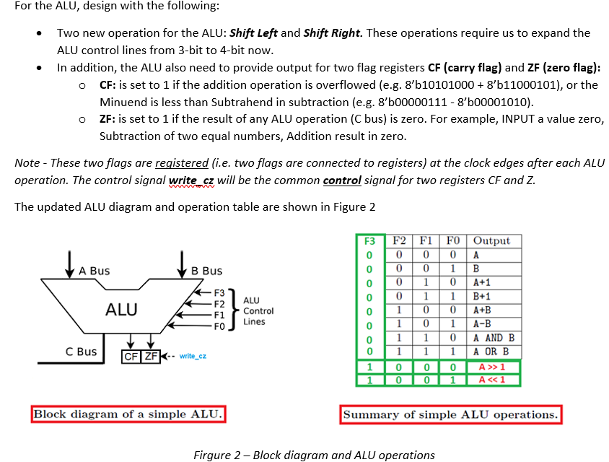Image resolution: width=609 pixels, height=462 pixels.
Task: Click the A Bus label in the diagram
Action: coord(95,271)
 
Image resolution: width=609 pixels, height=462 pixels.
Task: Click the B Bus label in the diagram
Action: coord(207,271)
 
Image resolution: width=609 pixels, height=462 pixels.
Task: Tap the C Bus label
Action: coord(81,352)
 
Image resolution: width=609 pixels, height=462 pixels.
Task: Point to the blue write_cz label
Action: coord(193,356)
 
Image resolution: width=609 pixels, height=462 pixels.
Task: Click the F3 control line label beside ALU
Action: coord(220,294)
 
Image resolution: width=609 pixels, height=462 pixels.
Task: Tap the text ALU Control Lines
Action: coord(258,310)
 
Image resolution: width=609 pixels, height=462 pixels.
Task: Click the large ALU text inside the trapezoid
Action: coord(122,310)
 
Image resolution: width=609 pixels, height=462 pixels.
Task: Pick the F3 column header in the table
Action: coord(369,241)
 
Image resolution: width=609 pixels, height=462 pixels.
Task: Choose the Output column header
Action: coord(494,241)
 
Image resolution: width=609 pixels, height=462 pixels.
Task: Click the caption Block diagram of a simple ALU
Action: coord(129,414)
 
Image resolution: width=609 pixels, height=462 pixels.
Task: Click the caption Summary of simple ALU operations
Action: coord(450,414)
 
